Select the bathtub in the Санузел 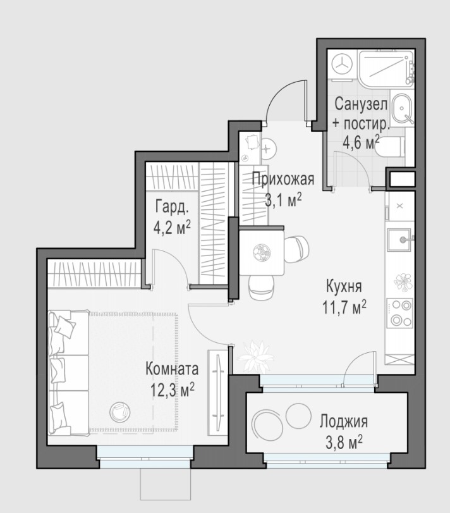tap(387, 69)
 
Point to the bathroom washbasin tap(401, 109)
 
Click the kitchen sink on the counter tap(399, 240)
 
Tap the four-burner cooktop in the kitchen tap(399, 313)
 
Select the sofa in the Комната tap(68, 373)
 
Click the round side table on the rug tap(119, 412)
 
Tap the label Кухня tap(344, 287)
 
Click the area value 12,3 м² tap(172, 389)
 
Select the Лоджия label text tap(343, 421)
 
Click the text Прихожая tap(283, 179)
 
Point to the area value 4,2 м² tap(172, 227)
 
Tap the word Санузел tap(361, 104)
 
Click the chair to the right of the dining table tap(296, 249)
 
